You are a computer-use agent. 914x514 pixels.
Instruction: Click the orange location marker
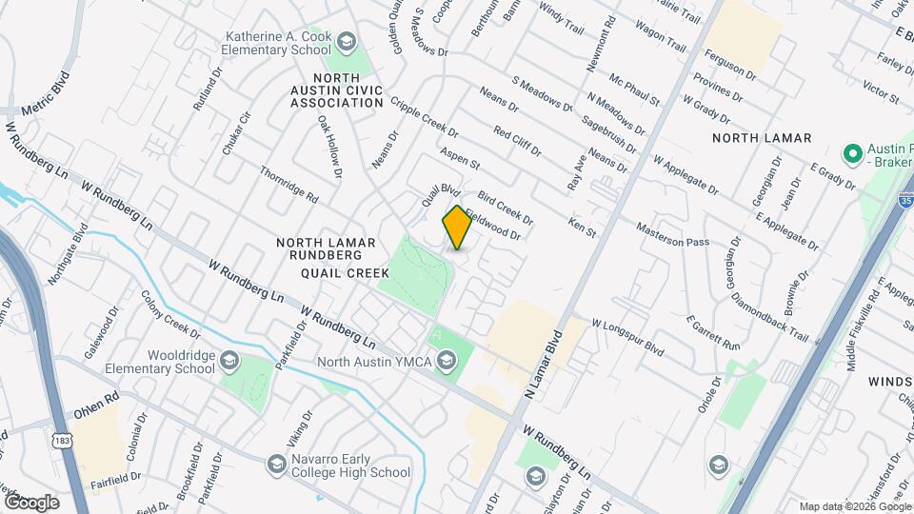pyautogui.click(x=457, y=227)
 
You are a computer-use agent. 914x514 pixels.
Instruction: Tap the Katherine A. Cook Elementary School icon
pyautogui.click(x=346, y=41)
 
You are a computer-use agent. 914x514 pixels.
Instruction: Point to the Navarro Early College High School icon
pyautogui.click(x=277, y=464)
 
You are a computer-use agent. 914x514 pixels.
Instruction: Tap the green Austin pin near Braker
pyautogui.click(x=852, y=153)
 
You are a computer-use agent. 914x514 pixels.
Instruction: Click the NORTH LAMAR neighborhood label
pyautogui.click(x=762, y=138)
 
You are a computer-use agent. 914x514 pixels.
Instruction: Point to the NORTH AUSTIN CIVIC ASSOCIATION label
pyautogui.click(x=337, y=90)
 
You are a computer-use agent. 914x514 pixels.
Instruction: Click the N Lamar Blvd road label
pyautogui.click(x=543, y=364)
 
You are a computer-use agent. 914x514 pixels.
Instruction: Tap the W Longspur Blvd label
pyautogui.click(x=627, y=337)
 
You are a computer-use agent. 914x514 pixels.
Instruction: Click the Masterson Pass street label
pyautogui.click(x=673, y=235)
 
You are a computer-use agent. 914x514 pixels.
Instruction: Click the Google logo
pyautogui.click(x=31, y=502)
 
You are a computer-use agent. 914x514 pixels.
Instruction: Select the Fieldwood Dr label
pyautogui.click(x=493, y=225)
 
